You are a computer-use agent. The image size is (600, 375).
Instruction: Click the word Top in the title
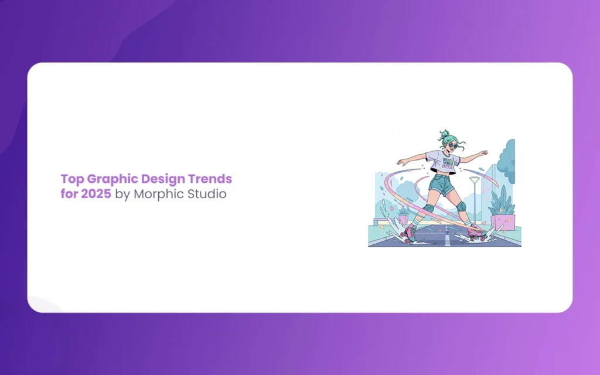coord(72,179)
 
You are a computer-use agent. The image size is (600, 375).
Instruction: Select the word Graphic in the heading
coord(112,179)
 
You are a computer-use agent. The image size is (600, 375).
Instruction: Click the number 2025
coord(96,193)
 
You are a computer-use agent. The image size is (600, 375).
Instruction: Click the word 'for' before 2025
coord(69,193)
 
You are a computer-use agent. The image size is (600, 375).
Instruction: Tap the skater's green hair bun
coord(444,134)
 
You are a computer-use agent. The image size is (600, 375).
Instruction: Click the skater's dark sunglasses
coord(452,145)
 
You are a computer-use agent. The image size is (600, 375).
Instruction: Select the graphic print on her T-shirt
coord(448,163)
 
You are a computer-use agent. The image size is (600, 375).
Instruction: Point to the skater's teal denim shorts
coord(441,184)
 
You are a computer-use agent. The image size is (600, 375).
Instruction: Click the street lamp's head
coord(475,179)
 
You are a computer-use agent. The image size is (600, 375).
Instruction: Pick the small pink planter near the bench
coord(403,220)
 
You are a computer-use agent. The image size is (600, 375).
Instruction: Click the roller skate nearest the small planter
coord(408,233)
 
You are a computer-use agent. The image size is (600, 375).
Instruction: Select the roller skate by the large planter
coord(477,232)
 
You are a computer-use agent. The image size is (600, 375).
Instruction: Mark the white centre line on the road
coord(446,237)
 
